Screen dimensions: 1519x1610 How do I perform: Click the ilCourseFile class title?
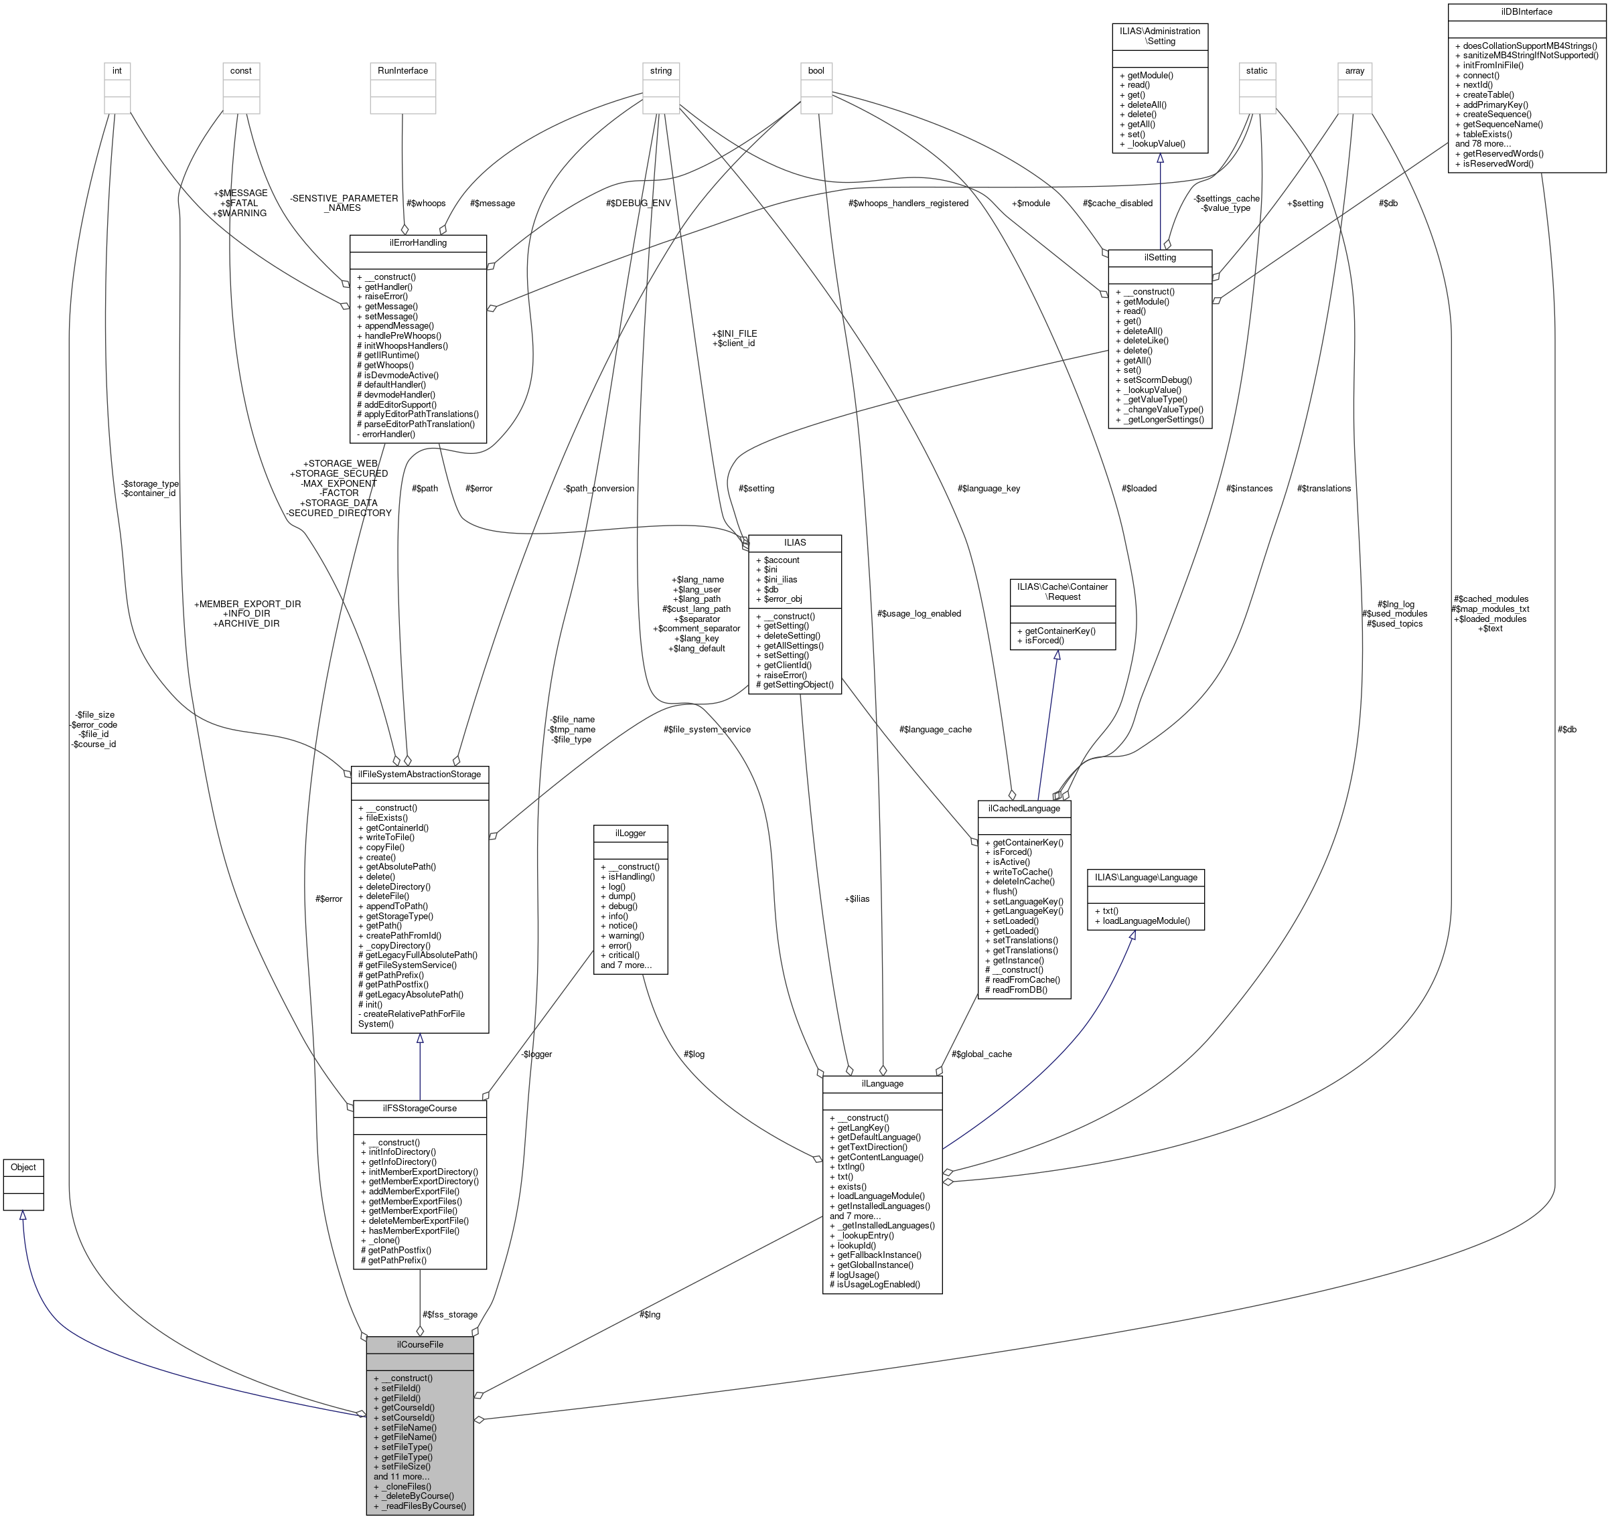point(419,1344)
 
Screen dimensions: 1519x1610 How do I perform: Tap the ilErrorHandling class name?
point(417,242)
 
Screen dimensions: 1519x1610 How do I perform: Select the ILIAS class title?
point(794,542)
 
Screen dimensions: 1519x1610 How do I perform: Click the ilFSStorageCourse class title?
point(419,1108)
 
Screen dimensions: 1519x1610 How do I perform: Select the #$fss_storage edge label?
point(449,1314)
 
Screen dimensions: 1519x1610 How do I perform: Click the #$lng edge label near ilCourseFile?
point(650,1314)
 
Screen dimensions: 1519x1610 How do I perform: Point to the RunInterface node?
point(402,70)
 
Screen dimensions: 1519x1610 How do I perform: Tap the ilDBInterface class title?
point(1526,11)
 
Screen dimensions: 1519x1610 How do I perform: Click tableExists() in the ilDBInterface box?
point(1487,134)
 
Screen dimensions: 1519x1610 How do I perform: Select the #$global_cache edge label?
point(982,1054)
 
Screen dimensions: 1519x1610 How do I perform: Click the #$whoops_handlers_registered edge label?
point(908,204)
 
